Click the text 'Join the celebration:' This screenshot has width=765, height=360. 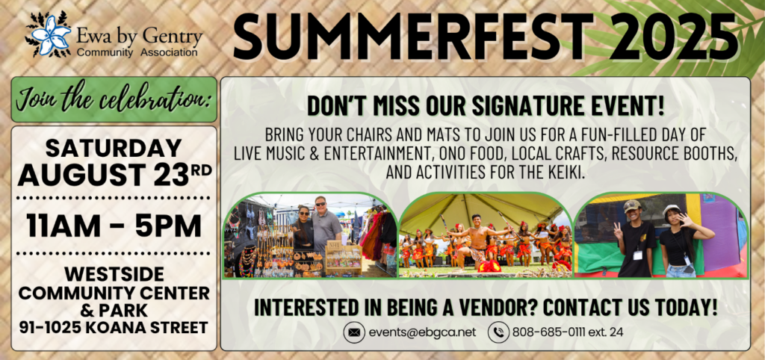[114, 99]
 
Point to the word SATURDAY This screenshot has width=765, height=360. [114, 148]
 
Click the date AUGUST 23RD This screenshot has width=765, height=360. [114, 175]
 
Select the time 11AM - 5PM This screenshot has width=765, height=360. [114, 226]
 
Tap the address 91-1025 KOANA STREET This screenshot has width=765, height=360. [114, 327]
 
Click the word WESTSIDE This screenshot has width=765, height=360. [114, 275]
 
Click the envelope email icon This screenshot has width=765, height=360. [355, 332]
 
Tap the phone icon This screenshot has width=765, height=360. [498, 332]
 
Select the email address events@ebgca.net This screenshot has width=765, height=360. [422, 332]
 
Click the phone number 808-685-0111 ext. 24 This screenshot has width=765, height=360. [568, 332]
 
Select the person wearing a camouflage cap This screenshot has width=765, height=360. [635, 239]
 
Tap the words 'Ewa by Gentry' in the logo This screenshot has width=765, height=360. [139, 36]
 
